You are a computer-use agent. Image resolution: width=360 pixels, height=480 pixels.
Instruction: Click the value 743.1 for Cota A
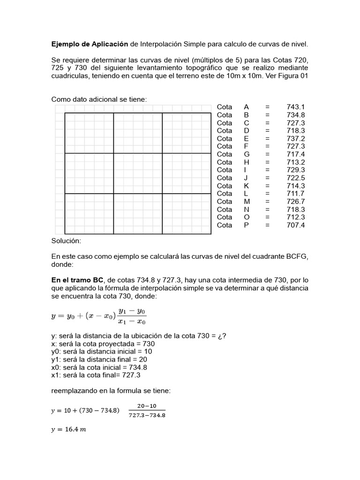tap(296, 107)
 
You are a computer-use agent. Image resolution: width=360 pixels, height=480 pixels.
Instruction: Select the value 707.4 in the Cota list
tap(296, 225)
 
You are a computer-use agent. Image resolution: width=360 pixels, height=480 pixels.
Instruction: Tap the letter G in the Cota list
tap(247, 154)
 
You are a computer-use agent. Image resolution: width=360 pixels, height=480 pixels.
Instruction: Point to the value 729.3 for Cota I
tap(296, 170)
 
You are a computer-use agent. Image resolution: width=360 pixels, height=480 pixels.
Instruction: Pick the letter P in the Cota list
tap(247, 225)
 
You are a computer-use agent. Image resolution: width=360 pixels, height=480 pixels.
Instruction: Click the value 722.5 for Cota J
tap(296, 178)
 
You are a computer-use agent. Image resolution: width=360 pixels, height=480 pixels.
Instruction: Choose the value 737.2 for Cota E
tap(296, 138)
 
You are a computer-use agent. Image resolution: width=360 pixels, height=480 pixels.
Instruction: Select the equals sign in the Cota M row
tap(267, 201)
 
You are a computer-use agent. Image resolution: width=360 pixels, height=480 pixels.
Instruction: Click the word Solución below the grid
tap(66, 240)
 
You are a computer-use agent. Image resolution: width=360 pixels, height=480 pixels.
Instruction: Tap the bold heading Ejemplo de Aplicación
tap(90, 44)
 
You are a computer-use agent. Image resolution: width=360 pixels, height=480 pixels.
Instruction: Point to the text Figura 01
tap(292, 76)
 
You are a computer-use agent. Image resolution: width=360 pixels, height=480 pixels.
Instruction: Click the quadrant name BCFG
tap(296, 256)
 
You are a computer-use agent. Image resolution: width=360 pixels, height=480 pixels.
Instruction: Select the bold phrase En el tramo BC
tap(78, 280)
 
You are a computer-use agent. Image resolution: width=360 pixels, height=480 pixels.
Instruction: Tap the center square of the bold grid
tap(138, 173)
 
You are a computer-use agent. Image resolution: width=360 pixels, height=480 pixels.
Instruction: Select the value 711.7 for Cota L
tap(296, 193)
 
